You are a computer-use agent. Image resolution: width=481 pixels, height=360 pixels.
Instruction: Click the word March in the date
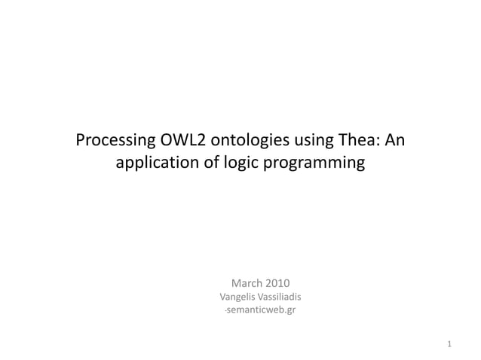tap(247, 283)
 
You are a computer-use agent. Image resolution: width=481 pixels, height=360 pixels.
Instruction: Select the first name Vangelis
tap(237, 297)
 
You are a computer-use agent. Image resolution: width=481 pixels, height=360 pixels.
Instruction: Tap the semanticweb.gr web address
tap(261, 310)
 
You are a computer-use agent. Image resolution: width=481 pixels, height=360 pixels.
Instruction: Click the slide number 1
tap(449, 345)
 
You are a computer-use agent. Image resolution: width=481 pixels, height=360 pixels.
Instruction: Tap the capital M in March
tap(236, 283)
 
